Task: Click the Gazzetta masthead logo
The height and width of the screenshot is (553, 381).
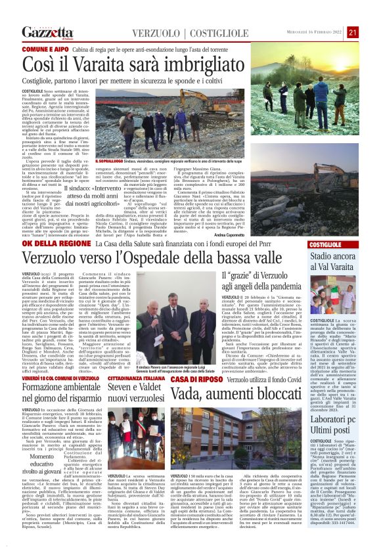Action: pos(47,33)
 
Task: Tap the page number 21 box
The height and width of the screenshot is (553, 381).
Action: pos(353,32)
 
